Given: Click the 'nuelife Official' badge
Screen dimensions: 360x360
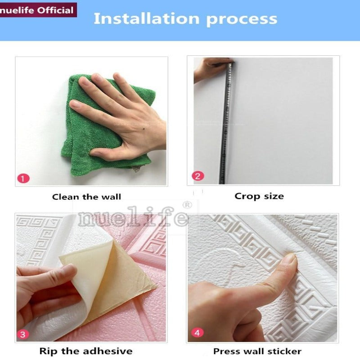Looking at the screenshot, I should click(38, 10).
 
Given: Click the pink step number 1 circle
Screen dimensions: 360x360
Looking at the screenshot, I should click(23, 178).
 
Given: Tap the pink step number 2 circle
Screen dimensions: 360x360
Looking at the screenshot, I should click(198, 176).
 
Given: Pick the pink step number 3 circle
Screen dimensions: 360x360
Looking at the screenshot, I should click(23, 334).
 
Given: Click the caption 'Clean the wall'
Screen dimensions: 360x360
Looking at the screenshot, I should click(86, 197).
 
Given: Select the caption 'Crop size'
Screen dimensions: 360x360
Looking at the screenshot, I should click(259, 196).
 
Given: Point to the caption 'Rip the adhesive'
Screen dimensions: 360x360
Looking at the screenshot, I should click(86, 351).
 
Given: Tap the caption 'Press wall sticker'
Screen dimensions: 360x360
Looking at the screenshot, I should click(257, 351).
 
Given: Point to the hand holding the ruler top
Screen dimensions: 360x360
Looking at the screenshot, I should click(211, 69).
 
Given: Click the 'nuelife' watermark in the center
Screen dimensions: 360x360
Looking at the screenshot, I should click(133, 218).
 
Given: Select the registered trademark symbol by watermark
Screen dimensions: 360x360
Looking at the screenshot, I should click(187, 205).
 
